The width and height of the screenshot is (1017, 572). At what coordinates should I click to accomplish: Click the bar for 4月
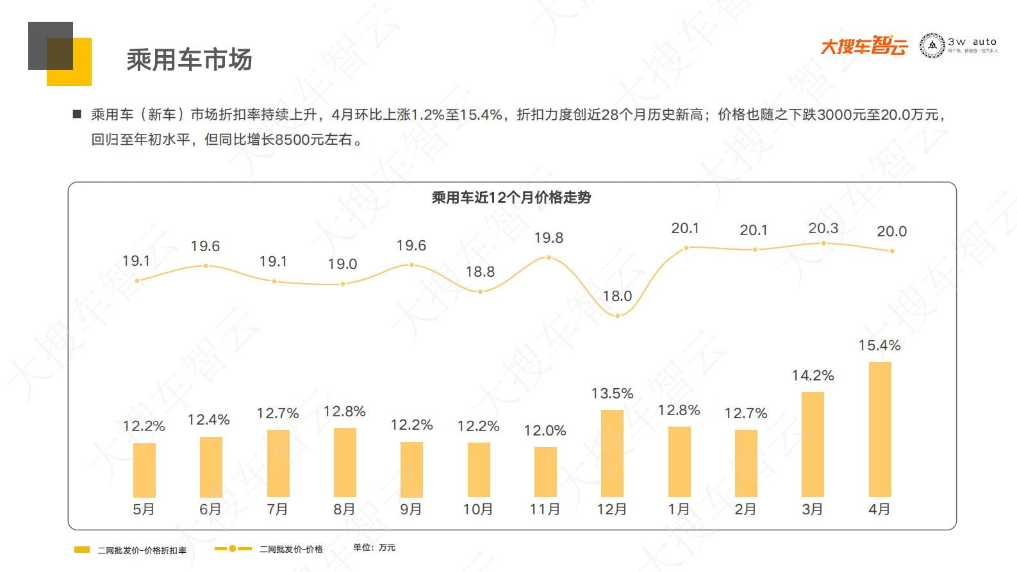[x=879, y=429]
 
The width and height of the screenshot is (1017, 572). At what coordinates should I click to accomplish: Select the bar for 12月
[x=612, y=453]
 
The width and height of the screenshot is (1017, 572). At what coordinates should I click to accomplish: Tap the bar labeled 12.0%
[x=545, y=471]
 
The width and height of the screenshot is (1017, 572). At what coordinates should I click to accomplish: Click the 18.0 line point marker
[x=618, y=316]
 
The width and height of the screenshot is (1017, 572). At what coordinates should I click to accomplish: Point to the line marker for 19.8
[x=549, y=257]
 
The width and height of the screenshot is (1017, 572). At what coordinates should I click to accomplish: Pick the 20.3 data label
[x=823, y=229]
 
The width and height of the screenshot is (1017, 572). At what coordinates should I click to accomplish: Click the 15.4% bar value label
[x=879, y=346]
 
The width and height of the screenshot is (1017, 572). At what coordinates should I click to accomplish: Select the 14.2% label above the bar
[x=813, y=376]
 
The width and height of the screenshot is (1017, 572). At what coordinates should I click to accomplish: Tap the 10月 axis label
[x=478, y=509]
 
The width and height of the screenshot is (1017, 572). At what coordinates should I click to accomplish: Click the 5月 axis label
[x=144, y=509]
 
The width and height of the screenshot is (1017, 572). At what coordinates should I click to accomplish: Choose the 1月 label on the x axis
[x=679, y=509]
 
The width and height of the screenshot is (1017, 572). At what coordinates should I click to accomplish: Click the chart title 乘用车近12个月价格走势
[x=511, y=198]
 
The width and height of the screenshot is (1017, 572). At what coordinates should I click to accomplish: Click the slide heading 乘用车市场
[x=189, y=60]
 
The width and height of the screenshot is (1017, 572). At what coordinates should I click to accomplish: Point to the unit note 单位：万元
[x=374, y=548]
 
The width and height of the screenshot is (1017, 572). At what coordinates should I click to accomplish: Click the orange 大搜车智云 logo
[x=864, y=46]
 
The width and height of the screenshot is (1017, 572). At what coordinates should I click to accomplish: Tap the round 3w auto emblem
[x=932, y=45]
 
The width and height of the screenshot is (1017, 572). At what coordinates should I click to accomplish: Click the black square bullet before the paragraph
[x=78, y=114]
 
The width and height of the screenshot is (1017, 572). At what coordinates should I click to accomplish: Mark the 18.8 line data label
[x=480, y=272]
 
